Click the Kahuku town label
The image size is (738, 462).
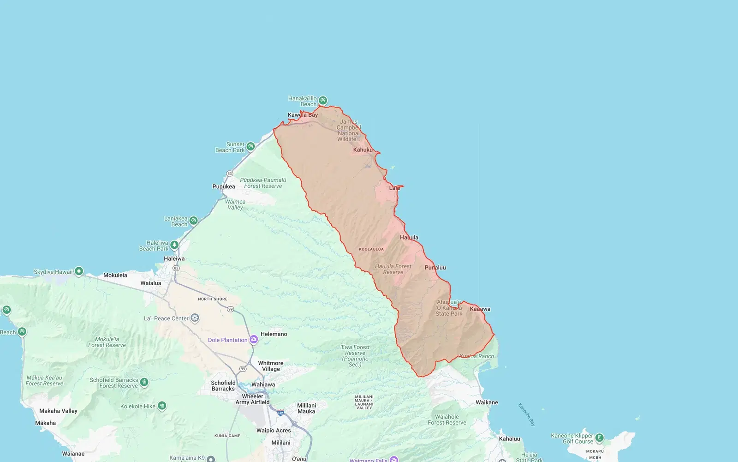[x=363, y=150]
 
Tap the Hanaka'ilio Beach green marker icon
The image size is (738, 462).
[x=323, y=100]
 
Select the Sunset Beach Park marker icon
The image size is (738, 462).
[x=250, y=146]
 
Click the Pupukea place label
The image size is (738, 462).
[x=224, y=186]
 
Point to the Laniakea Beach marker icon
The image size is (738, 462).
[x=193, y=221]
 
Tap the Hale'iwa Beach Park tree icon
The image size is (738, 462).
[x=174, y=245]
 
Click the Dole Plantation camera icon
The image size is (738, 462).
[x=254, y=340]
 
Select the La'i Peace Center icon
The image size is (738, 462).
[x=195, y=318]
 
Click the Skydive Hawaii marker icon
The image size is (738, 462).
[x=79, y=271]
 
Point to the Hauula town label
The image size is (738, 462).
[x=409, y=237]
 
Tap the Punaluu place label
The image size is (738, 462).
[x=435, y=267]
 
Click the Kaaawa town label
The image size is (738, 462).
[x=480, y=309]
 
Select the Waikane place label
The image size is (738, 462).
[x=487, y=402]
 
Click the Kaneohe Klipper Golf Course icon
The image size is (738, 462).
[x=599, y=438]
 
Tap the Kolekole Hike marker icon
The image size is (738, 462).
[x=162, y=406]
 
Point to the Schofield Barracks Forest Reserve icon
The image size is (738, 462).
[x=144, y=382]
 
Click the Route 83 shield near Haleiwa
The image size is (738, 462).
[x=176, y=268]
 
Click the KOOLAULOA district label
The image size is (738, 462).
[x=371, y=249]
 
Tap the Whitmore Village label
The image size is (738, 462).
[x=271, y=366]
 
